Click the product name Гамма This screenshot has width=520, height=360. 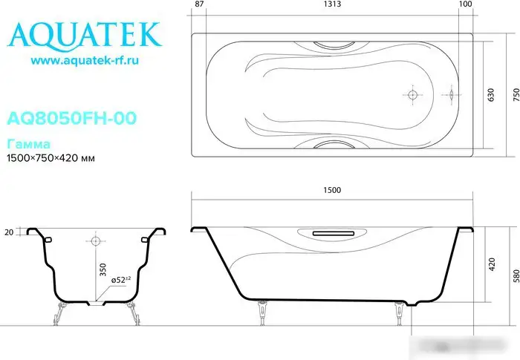tap(23, 143)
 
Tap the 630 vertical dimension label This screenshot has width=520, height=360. tap(490, 95)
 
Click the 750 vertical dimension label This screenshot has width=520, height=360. tap(512, 95)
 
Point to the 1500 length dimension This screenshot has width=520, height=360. tap(332, 190)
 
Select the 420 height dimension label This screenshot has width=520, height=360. tap(491, 265)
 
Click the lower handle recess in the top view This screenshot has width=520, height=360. tap(331, 145)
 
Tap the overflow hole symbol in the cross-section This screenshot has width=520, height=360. tap(95, 241)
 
